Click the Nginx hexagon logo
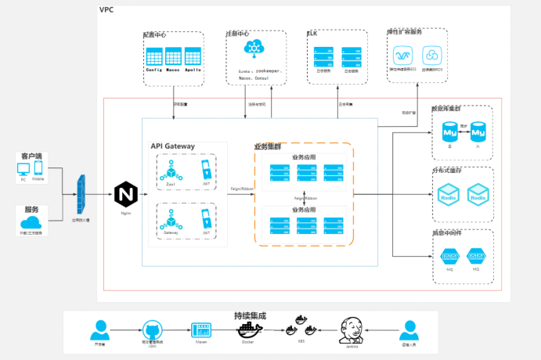coord(125,194)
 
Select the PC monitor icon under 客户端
coord(23,170)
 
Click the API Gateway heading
coord(172,146)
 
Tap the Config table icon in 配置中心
coord(153,56)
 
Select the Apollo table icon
coord(193,56)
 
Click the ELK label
coord(312,34)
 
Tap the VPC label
coord(106,9)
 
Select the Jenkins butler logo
coord(352,331)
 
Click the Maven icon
coord(200,330)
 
